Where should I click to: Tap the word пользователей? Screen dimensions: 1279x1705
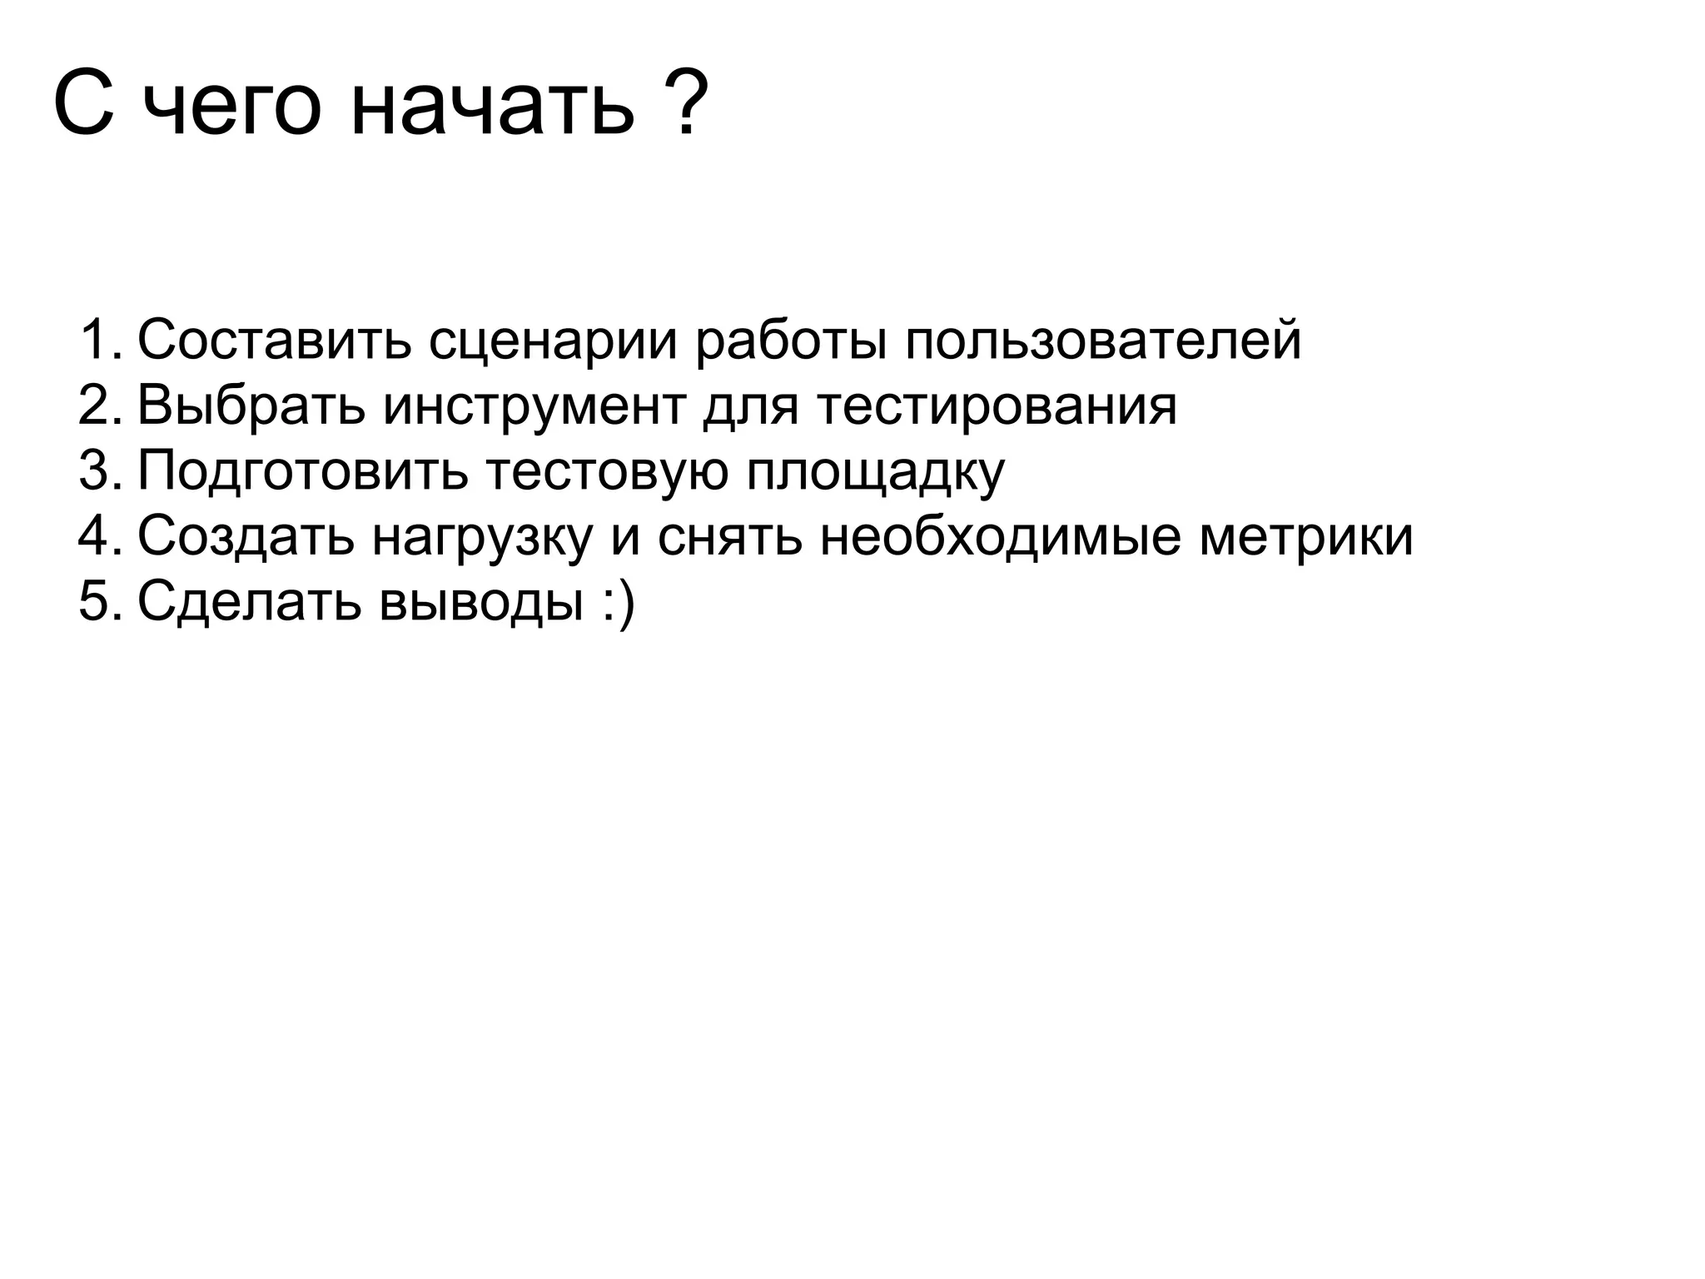pyautogui.click(x=1103, y=341)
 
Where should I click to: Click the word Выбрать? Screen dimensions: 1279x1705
pyautogui.click(x=251, y=406)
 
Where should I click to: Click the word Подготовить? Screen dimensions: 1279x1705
pyautogui.click(x=303, y=472)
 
